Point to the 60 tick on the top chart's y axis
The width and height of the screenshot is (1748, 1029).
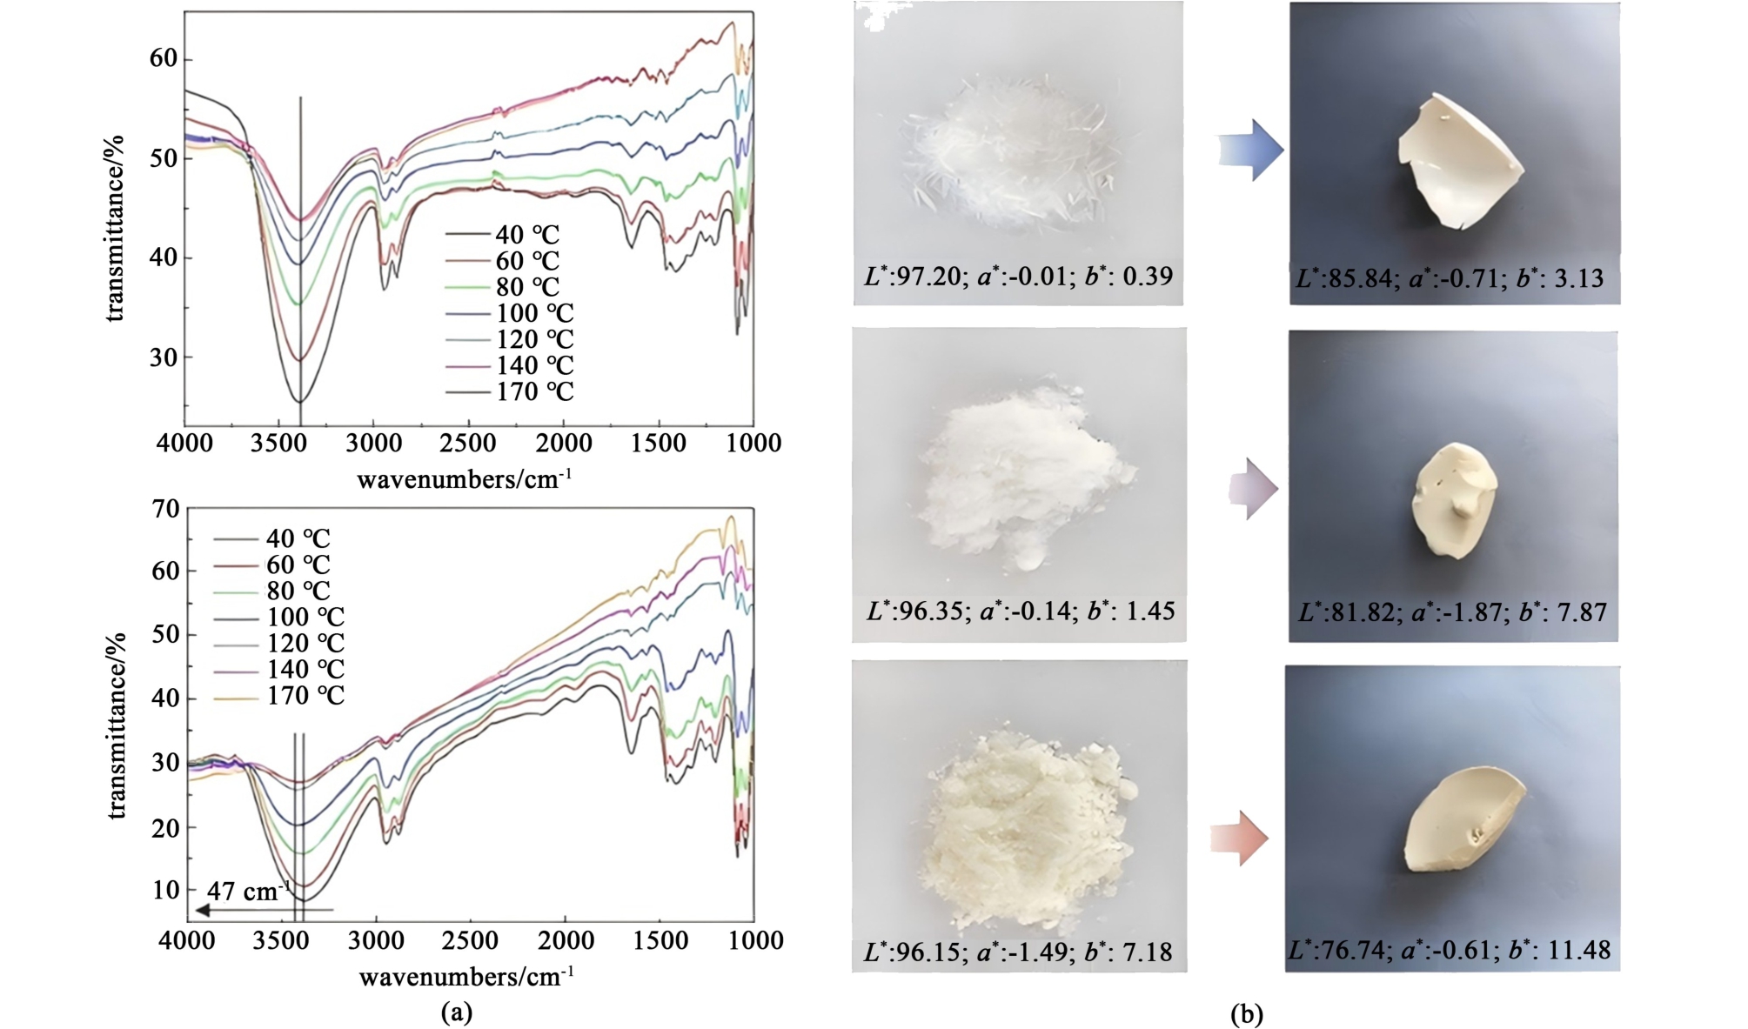(x=164, y=59)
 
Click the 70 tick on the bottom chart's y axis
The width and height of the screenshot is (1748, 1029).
(x=165, y=510)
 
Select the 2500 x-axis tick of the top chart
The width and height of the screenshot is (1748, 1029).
(x=468, y=444)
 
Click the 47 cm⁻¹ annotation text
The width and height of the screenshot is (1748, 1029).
(x=248, y=892)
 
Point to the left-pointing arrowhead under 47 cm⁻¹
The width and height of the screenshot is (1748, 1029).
(x=202, y=911)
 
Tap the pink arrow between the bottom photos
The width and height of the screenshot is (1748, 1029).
(x=1239, y=839)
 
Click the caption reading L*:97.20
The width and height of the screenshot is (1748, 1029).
(x=1018, y=277)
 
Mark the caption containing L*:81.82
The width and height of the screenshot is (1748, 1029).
(x=1452, y=612)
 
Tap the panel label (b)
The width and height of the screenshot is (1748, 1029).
(x=1247, y=1013)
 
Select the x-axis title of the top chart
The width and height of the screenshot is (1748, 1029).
(x=464, y=479)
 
